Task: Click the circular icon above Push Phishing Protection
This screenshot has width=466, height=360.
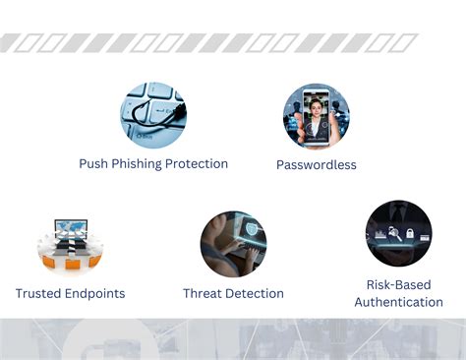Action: [x=152, y=115]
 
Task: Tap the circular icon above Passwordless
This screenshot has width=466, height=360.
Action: [x=317, y=116]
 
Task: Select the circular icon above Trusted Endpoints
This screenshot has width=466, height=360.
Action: [x=70, y=246]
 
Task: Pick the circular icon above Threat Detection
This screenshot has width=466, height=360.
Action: [x=233, y=244]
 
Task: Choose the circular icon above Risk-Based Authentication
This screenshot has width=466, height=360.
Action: [x=398, y=234]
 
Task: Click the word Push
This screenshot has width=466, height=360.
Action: [x=95, y=164]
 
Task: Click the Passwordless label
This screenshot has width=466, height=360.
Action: [x=317, y=165]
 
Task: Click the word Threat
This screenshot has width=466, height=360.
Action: [x=204, y=293]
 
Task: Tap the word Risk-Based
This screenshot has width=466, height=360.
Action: [x=398, y=285]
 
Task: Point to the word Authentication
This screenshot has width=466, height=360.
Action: [x=398, y=302]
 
